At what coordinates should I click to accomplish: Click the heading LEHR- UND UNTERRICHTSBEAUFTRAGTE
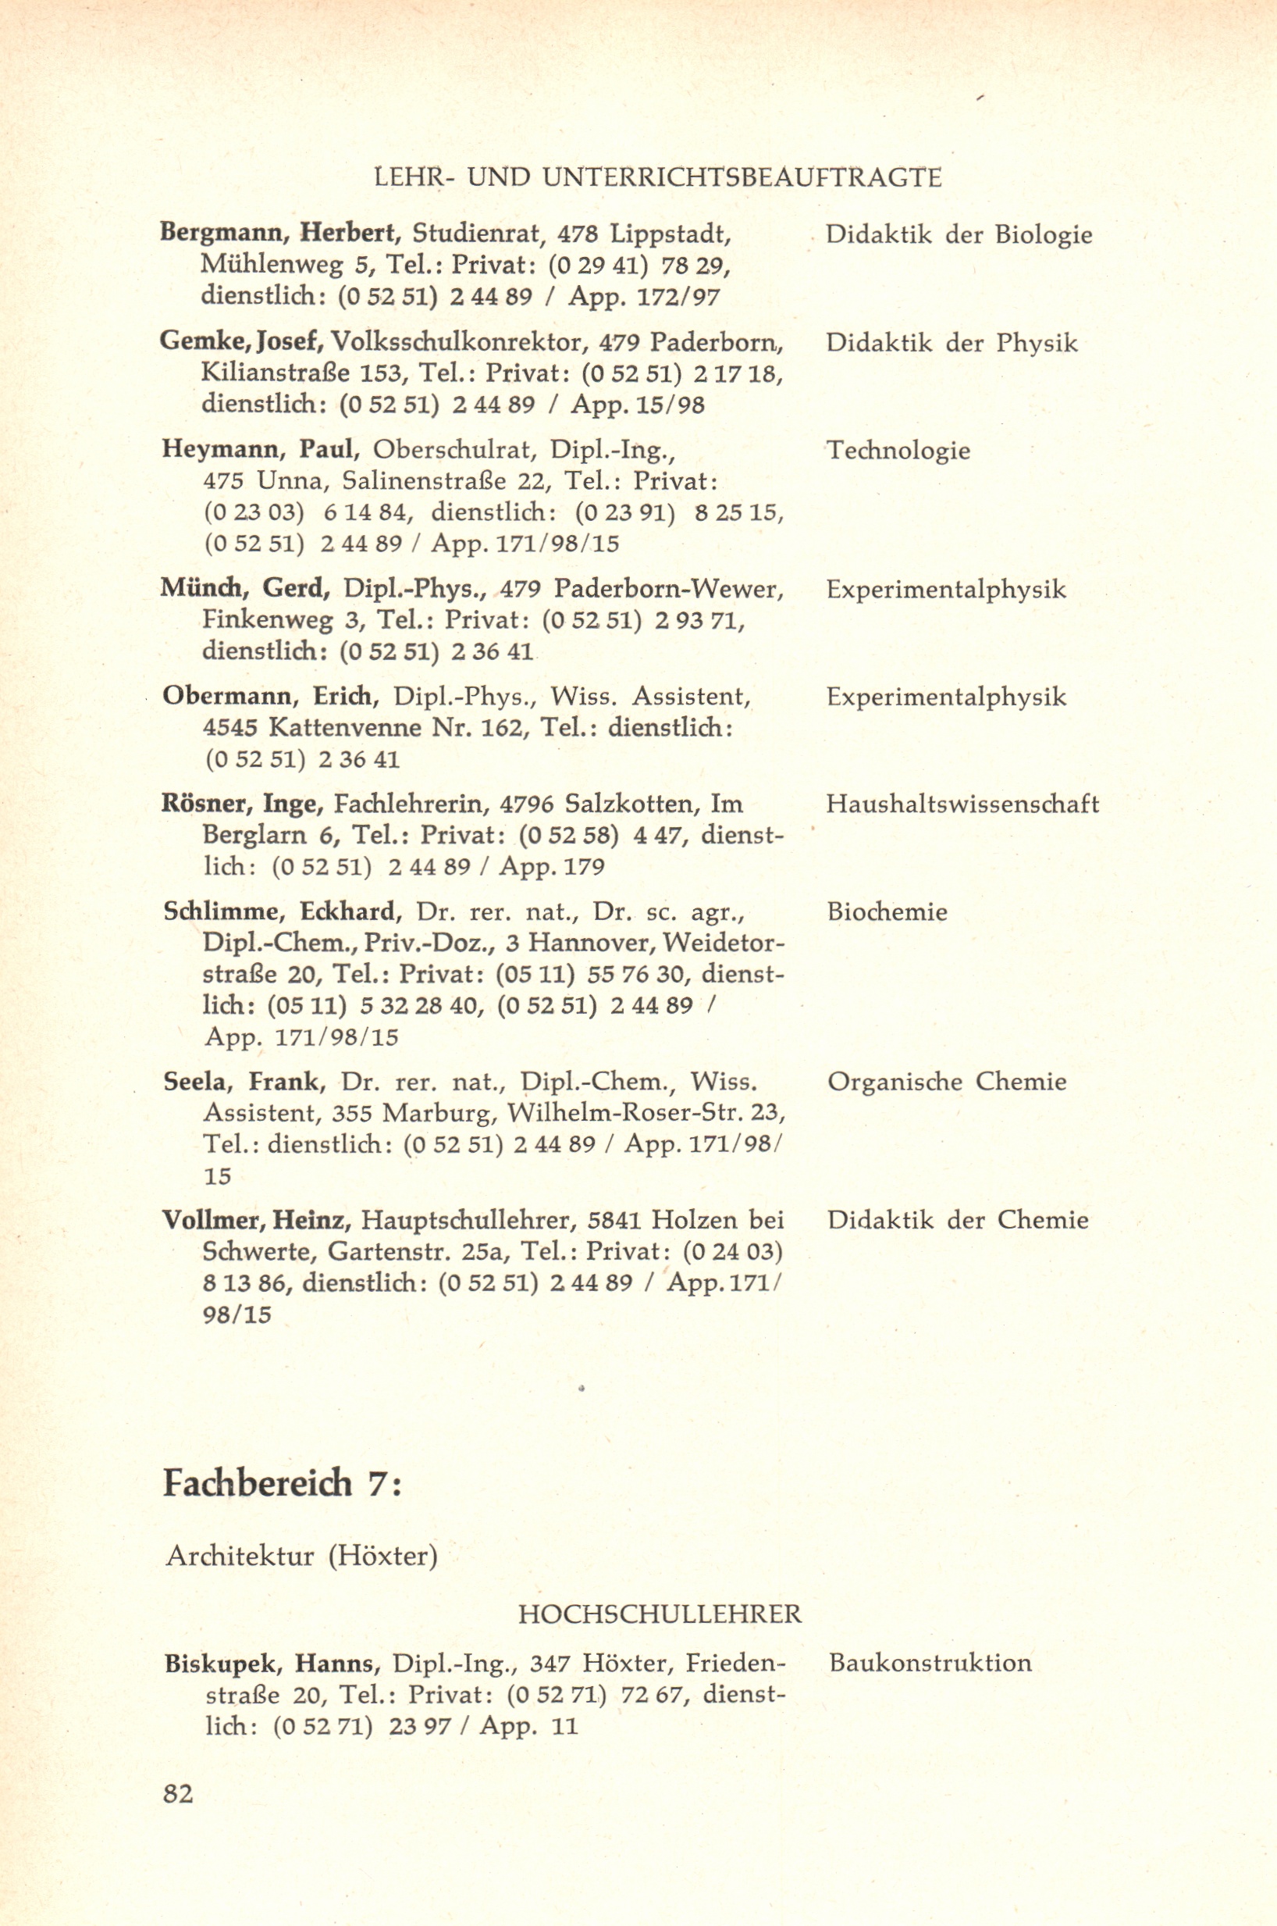click(x=657, y=177)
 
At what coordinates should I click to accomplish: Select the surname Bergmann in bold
click(x=221, y=234)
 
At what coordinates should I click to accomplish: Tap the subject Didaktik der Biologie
click(x=959, y=234)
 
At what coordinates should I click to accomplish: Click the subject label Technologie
click(x=898, y=451)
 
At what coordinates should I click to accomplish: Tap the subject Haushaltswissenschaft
click(x=962, y=804)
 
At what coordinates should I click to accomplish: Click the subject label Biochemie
click(x=887, y=911)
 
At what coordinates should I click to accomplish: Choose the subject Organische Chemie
click(x=946, y=1081)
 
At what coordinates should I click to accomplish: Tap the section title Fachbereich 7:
click(x=283, y=1483)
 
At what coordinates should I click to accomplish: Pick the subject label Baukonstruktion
click(x=930, y=1662)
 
